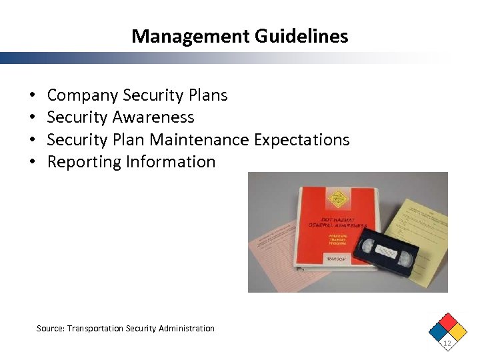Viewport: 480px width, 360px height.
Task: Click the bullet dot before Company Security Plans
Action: (32, 96)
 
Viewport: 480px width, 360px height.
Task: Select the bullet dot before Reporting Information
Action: (32, 162)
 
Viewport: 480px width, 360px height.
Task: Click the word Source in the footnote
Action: (50, 328)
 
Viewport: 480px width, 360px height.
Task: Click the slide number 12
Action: (447, 343)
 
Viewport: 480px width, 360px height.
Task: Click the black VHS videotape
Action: (387, 251)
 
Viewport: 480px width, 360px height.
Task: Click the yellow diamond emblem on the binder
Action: (339, 198)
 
